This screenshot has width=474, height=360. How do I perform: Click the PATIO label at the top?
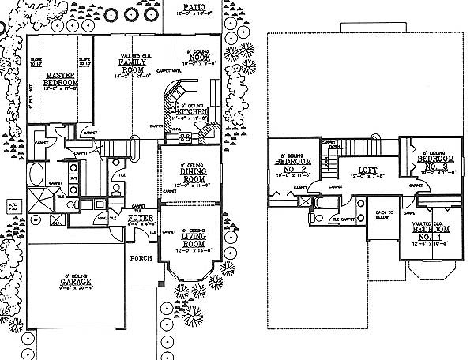(x=187, y=5)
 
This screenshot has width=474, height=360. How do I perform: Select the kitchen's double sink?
(x=188, y=136)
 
